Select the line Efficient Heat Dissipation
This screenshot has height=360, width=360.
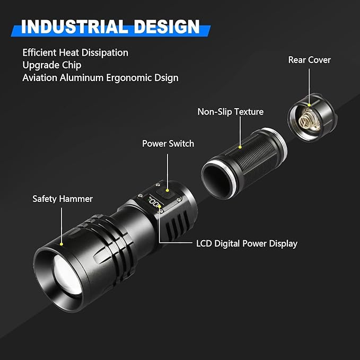75,52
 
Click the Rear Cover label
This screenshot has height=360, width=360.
309,60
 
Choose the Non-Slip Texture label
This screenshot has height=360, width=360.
230,112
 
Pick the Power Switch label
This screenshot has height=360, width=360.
168,144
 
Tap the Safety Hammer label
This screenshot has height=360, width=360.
63,199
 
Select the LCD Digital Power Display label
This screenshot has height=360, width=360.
247,244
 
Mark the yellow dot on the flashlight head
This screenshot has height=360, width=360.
62,244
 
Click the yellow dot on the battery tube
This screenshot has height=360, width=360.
241,147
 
